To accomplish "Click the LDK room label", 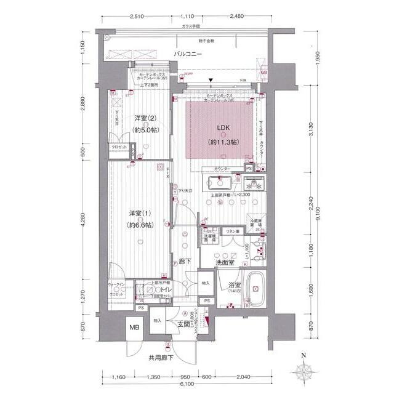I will (x=223, y=129).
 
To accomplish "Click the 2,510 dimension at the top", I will (x=137, y=17).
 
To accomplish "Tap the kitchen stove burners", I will (x=252, y=183).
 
